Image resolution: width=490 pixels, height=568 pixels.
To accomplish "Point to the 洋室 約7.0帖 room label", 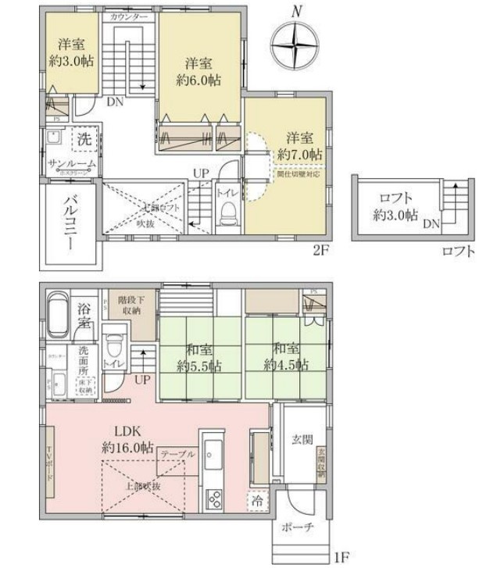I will (x=299, y=145).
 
